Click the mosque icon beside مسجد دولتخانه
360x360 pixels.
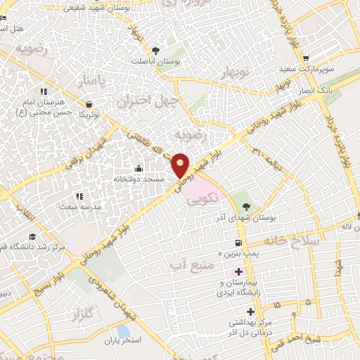coord(139,168)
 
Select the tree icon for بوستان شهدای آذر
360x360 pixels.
coord(246,206)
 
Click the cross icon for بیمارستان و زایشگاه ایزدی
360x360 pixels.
coord(238,272)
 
